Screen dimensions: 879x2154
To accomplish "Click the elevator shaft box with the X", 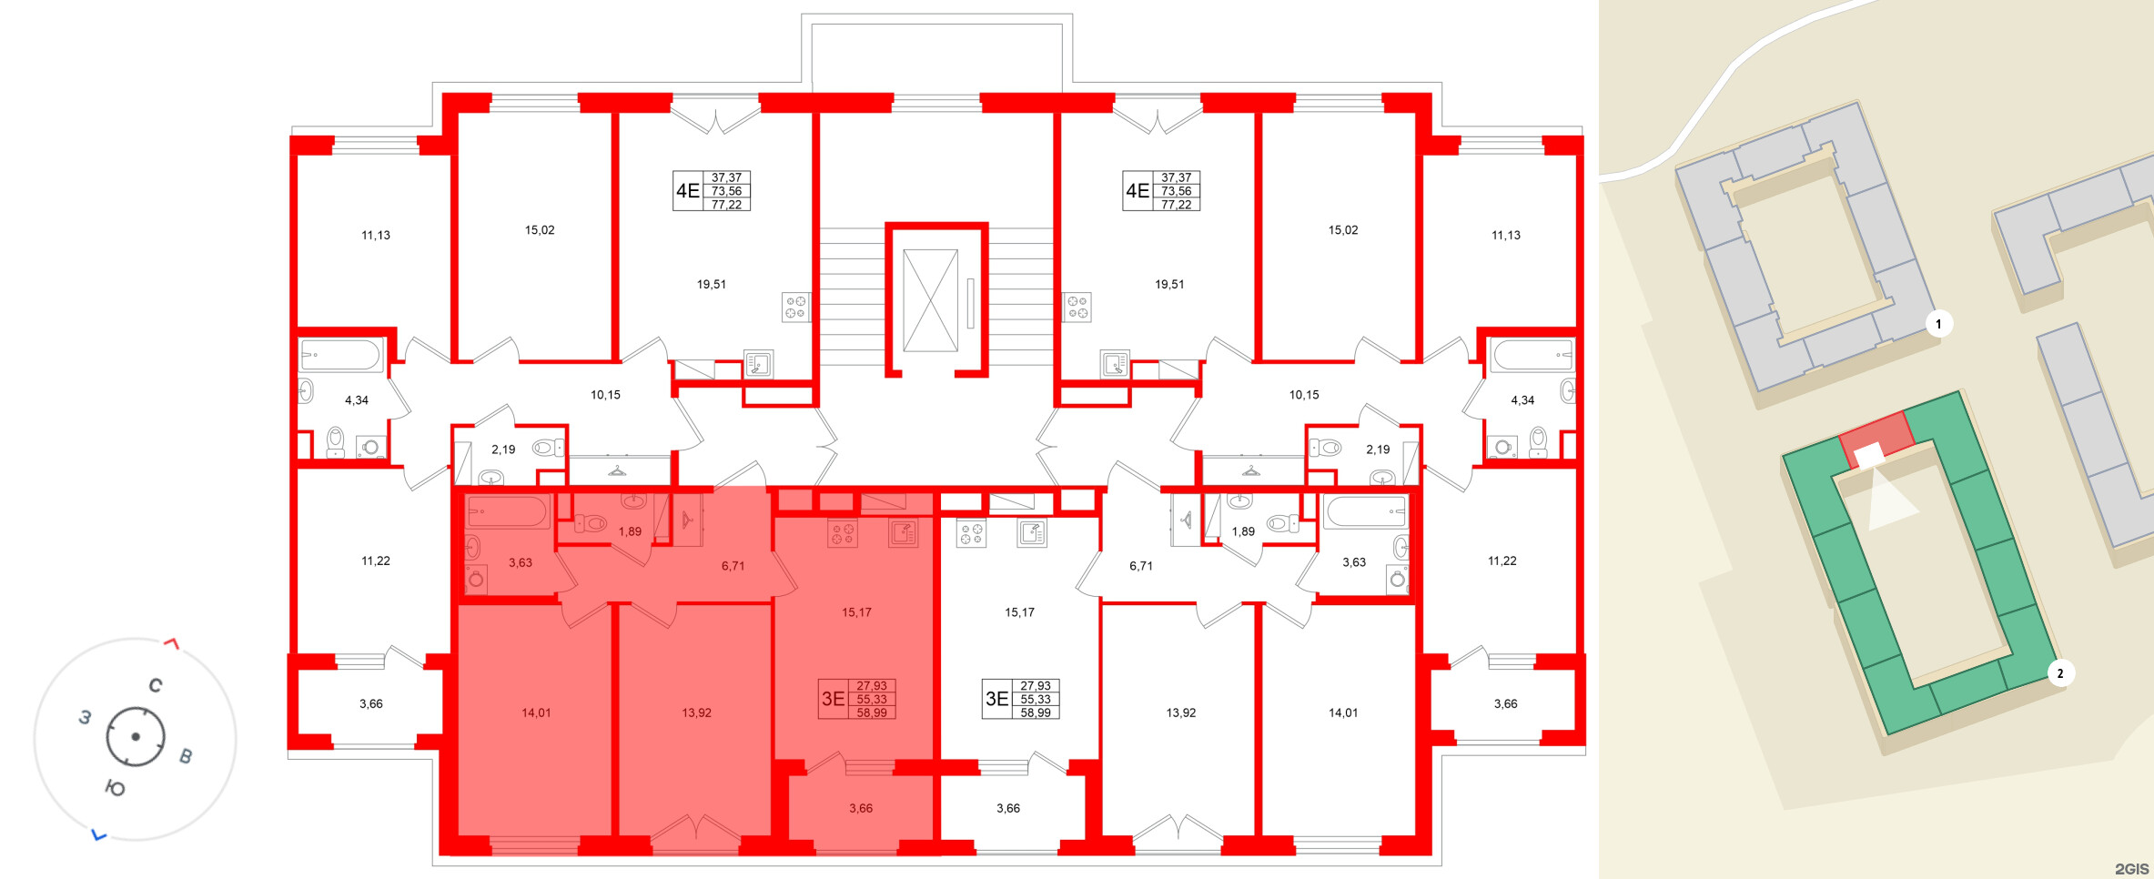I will click(x=930, y=299).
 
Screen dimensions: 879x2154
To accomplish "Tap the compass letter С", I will click(x=156, y=685).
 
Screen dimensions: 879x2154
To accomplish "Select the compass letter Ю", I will click(x=116, y=788).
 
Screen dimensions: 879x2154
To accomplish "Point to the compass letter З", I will click(x=85, y=717).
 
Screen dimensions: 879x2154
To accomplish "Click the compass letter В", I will click(x=186, y=756).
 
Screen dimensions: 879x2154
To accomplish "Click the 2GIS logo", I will click(x=2131, y=869).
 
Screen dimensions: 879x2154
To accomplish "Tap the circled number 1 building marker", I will click(x=1938, y=324).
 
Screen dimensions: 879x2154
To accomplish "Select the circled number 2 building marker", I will click(x=2060, y=673).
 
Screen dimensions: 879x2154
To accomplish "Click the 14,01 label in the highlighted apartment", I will click(x=536, y=712).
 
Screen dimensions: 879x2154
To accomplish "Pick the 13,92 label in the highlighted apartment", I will click(x=696, y=712).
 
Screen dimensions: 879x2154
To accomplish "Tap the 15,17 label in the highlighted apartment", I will click(x=856, y=612).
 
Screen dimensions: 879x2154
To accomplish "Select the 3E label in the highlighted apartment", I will click(x=833, y=699).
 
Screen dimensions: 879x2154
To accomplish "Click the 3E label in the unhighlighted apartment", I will click(x=996, y=699).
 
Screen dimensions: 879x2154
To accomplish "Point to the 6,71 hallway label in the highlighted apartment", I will click(x=733, y=566).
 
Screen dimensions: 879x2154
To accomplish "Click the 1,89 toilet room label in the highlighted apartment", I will click(x=630, y=531).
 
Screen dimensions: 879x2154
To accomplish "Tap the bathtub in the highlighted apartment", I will click(x=506, y=511).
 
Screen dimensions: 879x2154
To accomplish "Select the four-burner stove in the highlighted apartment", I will click(x=842, y=533).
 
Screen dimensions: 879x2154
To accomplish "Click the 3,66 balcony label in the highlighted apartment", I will click(x=861, y=808).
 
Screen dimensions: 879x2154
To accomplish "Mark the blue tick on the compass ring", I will click(x=99, y=834).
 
